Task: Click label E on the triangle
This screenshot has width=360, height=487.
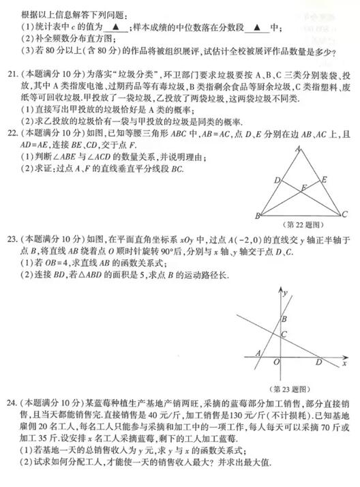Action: [325, 179]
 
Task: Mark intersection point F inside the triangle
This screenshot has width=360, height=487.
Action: [305, 185]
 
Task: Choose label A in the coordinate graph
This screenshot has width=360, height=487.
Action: [257, 353]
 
